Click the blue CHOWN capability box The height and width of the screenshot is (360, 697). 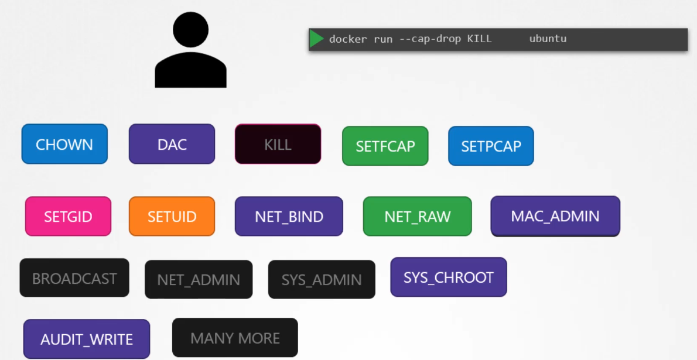tap(64, 144)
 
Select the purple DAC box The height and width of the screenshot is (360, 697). tap(172, 144)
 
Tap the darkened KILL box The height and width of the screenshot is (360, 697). tap(278, 144)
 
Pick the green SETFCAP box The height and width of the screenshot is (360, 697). tap(385, 146)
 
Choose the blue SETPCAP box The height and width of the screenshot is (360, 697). tap(491, 146)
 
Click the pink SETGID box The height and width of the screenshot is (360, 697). tap(68, 216)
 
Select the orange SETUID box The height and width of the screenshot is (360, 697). tap(172, 216)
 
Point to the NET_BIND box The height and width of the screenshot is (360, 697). tap(289, 216)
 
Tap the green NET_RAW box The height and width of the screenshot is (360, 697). tap(417, 216)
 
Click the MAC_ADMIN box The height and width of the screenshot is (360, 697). tap(555, 215)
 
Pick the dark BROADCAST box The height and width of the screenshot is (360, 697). tap(74, 278)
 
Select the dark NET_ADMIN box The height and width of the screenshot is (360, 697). tap(199, 280)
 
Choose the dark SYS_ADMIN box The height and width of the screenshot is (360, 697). tap(322, 280)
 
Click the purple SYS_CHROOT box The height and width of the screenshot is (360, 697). tap(448, 277)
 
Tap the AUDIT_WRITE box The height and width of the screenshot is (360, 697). tap(87, 339)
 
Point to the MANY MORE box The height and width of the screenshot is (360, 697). tap(235, 338)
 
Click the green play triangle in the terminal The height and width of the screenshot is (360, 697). tap(317, 39)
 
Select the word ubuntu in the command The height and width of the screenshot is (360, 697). tap(548, 39)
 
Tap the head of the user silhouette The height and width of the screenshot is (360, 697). tap(190, 30)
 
